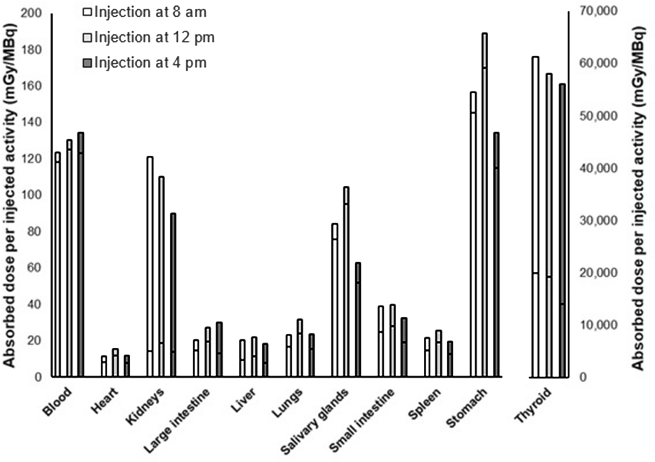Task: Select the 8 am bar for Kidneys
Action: click(150, 266)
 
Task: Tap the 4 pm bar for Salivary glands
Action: click(358, 320)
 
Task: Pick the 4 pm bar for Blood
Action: click(81, 255)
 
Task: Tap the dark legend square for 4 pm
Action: click(87, 63)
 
